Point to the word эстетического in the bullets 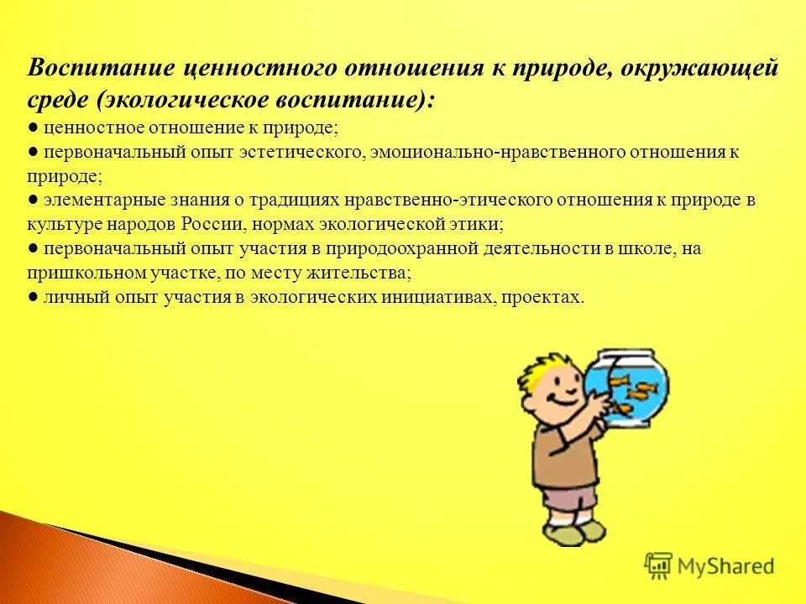311,153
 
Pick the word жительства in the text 364,273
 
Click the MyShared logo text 725,567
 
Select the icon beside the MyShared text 659,566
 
